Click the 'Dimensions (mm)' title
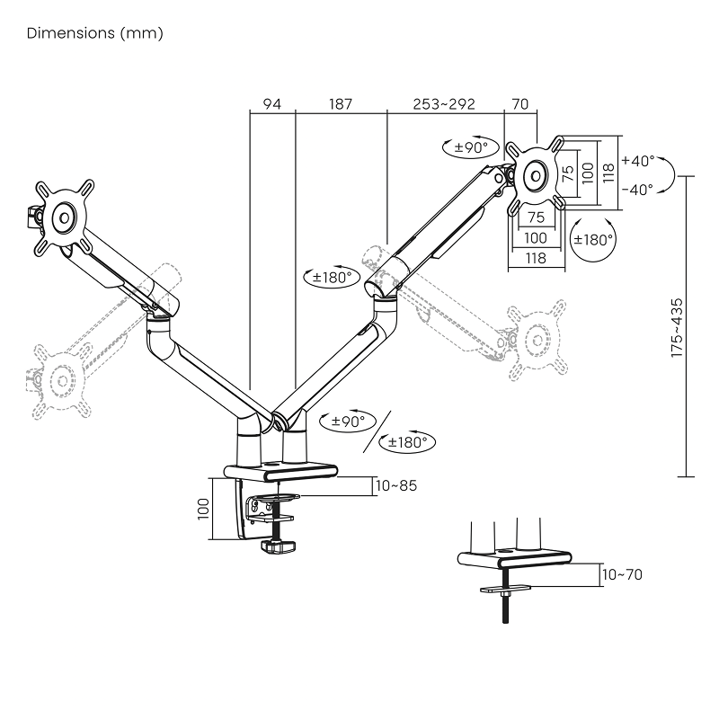[94, 34]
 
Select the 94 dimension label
[271, 104]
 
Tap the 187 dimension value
[341, 104]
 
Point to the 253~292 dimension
[444, 104]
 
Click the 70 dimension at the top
[519, 104]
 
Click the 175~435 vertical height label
[677, 328]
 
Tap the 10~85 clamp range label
[396, 485]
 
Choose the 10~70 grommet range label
[622, 574]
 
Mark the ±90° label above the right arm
[470, 147]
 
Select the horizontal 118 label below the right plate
[536, 258]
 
